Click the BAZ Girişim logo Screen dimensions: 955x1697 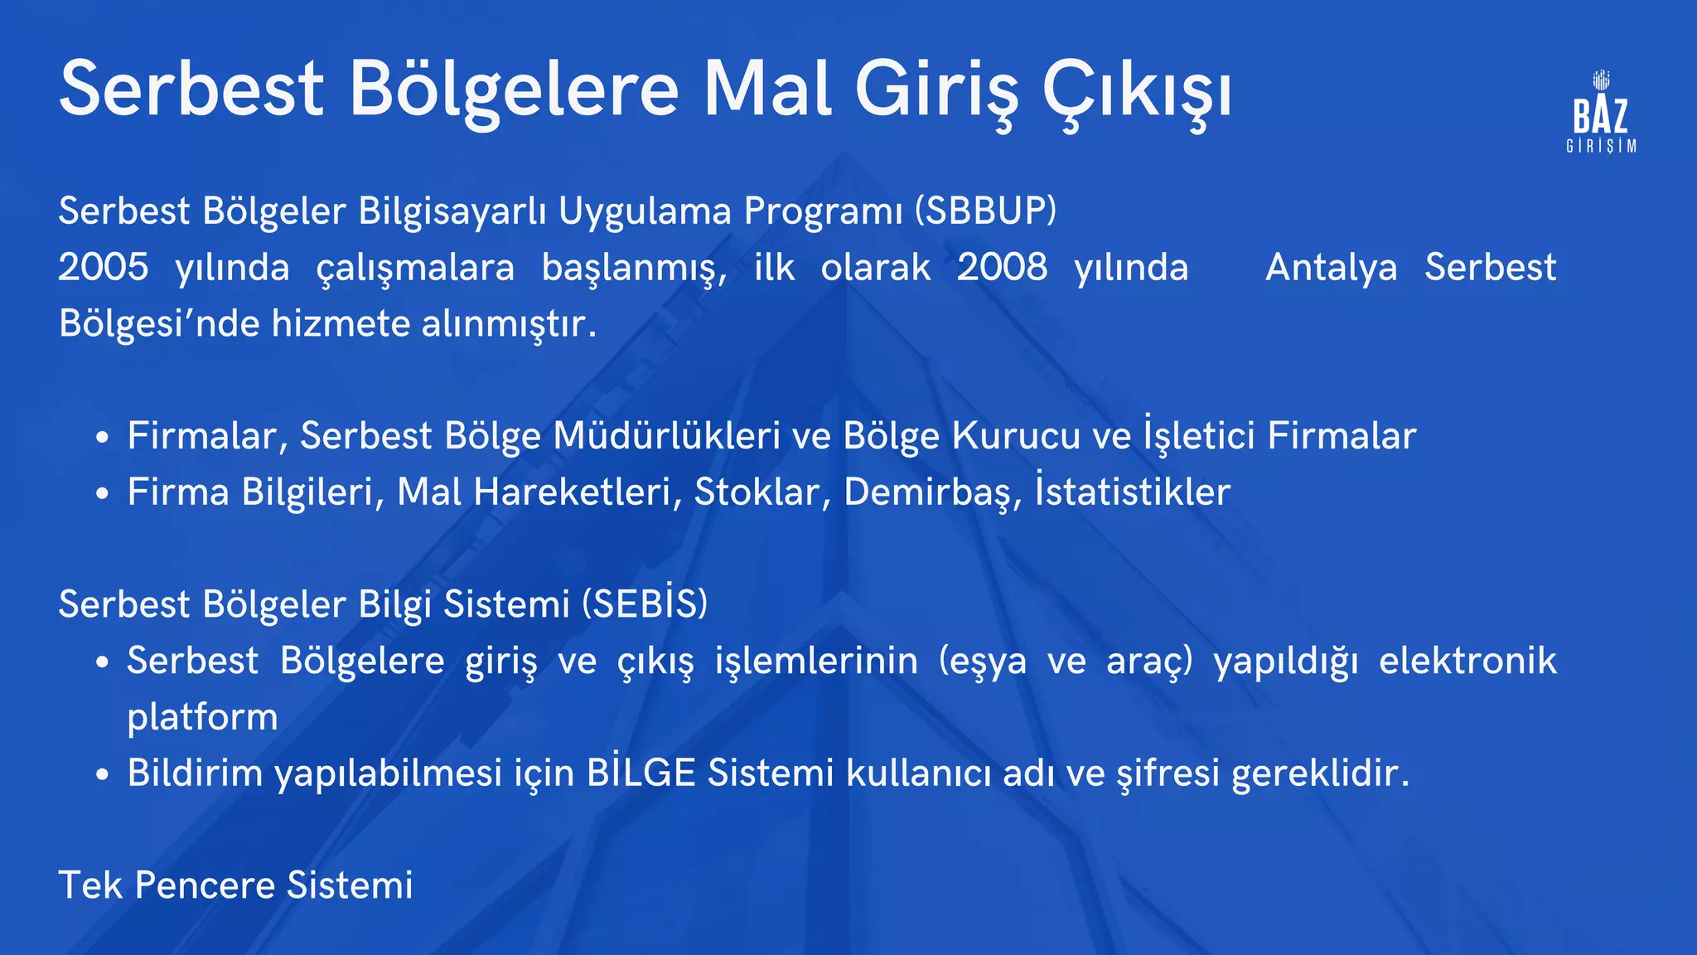tap(1601, 113)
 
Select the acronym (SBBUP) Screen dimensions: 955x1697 tap(986, 211)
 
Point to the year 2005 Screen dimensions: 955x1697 tap(104, 268)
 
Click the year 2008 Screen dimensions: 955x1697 tap(1002, 268)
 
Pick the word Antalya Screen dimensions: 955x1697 tap(1331, 268)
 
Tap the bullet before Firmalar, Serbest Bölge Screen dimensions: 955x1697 tap(102, 438)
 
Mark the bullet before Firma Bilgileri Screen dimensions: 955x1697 tap(102, 494)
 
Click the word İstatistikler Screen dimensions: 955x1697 tap(1133, 492)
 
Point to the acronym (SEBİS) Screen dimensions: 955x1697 tap(645, 604)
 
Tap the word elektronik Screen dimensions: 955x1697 tap(1467, 662)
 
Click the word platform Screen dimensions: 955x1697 tap(202, 718)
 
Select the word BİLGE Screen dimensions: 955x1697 tap(641, 773)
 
